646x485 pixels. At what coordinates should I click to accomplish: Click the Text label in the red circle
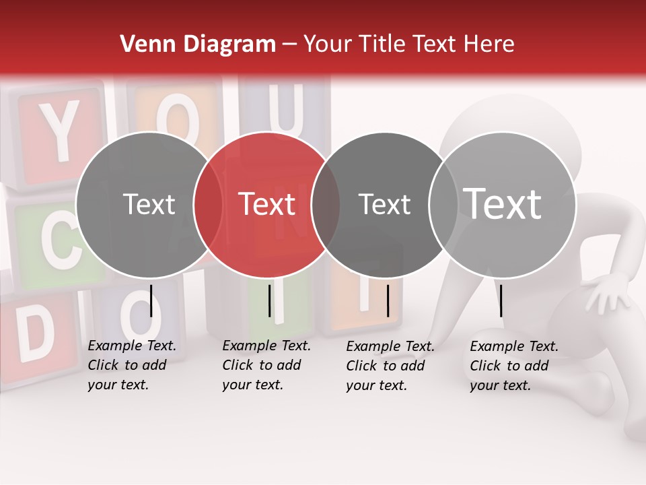[x=267, y=204]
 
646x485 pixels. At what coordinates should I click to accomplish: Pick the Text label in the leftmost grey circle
[x=149, y=204]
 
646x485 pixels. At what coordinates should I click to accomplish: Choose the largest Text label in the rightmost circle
[x=503, y=204]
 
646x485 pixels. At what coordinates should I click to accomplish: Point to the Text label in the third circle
[x=385, y=204]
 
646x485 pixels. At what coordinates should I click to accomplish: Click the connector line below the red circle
[x=269, y=300]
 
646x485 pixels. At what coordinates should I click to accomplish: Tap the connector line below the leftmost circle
[x=151, y=300]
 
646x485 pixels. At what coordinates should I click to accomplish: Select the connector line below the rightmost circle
[x=501, y=300]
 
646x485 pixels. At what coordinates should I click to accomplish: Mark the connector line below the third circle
[x=388, y=300]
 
